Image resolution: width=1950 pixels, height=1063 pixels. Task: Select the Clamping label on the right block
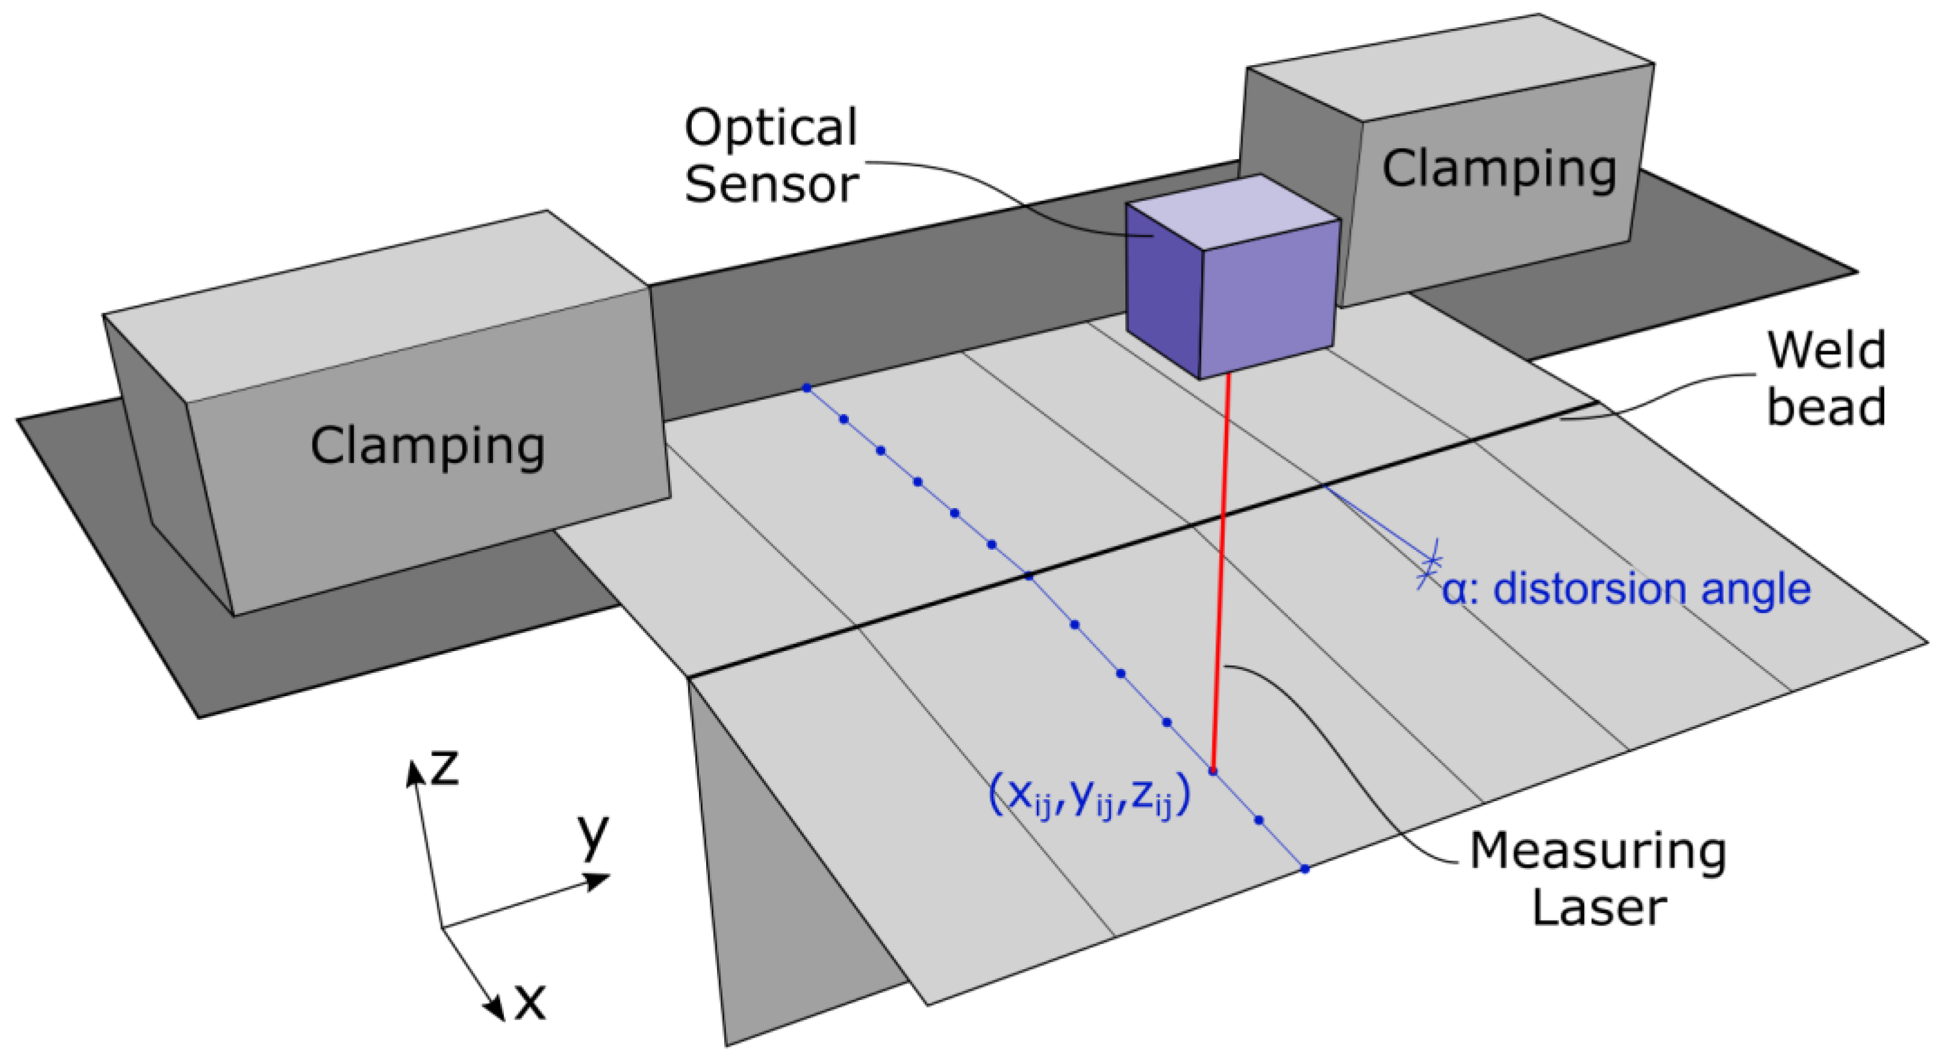click(1500, 168)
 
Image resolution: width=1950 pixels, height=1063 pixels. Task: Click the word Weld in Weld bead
click(1826, 351)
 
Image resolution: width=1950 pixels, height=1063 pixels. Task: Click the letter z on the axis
click(444, 768)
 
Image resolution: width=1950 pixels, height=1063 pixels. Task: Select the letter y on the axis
click(594, 833)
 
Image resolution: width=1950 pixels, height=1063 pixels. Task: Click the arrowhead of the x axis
click(496, 1010)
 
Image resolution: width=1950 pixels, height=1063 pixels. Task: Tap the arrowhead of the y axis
click(598, 881)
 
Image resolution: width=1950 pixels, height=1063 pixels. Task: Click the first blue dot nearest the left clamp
click(807, 388)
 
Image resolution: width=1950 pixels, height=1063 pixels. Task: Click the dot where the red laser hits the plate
click(1213, 772)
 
